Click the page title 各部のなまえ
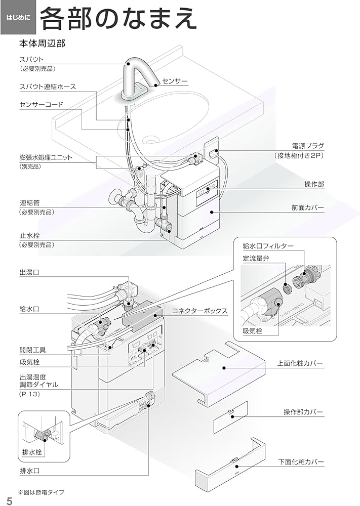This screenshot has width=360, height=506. tap(117, 19)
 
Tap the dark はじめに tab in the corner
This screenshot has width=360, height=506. tap(18, 18)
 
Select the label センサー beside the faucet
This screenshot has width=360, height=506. tap(175, 81)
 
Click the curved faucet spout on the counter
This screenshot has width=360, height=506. tap(136, 76)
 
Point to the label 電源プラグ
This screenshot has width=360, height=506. tap(307, 146)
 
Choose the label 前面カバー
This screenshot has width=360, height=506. tap(307, 207)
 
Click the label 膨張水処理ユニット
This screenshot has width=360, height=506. tap(46, 157)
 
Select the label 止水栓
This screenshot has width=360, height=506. tap(30, 235)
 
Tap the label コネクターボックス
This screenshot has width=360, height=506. tap(199, 311)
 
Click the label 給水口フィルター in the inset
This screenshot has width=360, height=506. tap(268, 246)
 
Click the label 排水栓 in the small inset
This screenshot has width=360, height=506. tap(33, 451)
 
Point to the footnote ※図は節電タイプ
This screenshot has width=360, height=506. tap(42, 492)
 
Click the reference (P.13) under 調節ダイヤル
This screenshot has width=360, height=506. tap(29, 394)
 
